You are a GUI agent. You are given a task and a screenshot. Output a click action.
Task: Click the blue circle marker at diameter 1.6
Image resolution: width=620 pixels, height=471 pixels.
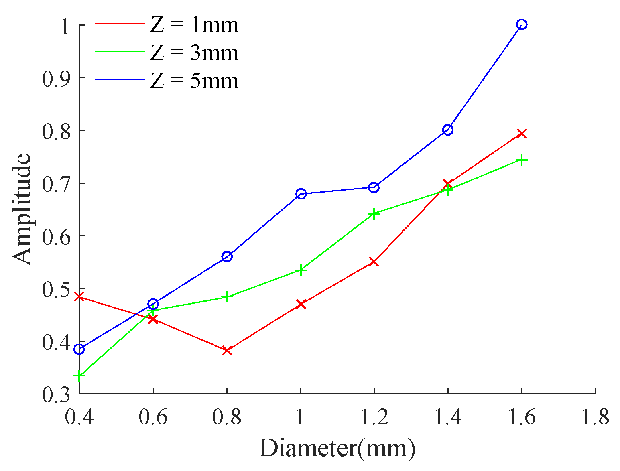pyautogui.click(x=521, y=24)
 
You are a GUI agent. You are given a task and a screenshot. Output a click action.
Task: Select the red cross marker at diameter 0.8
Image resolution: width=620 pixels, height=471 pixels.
pyautogui.click(x=227, y=350)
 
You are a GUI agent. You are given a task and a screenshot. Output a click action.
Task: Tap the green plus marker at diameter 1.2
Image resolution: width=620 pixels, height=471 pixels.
pyautogui.click(x=374, y=213)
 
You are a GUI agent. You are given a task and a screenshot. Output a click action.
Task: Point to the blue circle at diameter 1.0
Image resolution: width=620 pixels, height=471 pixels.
pyautogui.click(x=301, y=194)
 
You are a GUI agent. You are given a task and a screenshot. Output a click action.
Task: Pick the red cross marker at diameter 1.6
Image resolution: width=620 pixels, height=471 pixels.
pyautogui.click(x=521, y=133)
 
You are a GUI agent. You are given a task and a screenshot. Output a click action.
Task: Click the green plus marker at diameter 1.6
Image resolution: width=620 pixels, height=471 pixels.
pyautogui.click(x=521, y=160)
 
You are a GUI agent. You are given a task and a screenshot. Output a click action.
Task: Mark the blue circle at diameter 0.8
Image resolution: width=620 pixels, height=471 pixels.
pyautogui.click(x=227, y=256)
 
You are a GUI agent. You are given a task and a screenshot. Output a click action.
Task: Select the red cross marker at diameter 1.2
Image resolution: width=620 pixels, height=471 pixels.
pyautogui.click(x=374, y=262)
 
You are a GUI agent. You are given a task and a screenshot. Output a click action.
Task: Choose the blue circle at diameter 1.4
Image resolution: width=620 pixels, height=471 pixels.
pyautogui.click(x=447, y=130)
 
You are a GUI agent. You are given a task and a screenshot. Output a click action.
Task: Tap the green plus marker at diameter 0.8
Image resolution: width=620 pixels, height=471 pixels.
pyautogui.click(x=227, y=297)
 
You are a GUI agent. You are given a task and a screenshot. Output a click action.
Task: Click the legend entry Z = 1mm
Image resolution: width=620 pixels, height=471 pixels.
pyautogui.click(x=194, y=25)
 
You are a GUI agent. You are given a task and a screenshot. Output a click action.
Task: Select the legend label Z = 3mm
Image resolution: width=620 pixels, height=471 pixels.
pyautogui.click(x=194, y=53)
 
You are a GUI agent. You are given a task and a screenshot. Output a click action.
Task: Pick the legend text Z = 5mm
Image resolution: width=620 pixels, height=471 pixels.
pyautogui.click(x=194, y=81)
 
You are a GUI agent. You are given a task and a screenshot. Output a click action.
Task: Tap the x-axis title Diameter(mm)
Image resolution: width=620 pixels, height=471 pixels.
pyautogui.click(x=337, y=448)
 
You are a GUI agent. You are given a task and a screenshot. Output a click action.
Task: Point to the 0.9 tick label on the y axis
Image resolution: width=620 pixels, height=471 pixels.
pyautogui.click(x=56, y=78)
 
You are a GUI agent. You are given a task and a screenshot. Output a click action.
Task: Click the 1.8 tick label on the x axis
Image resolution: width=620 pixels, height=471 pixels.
pyautogui.click(x=595, y=418)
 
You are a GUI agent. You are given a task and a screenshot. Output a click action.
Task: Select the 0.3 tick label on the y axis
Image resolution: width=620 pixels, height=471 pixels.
pyautogui.click(x=56, y=394)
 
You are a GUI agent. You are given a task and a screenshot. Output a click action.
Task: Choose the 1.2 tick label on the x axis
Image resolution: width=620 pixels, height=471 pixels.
pyautogui.click(x=374, y=418)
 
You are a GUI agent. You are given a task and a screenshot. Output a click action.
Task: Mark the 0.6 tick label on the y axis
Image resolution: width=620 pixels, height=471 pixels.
pyautogui.click(x=56, y=236)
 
